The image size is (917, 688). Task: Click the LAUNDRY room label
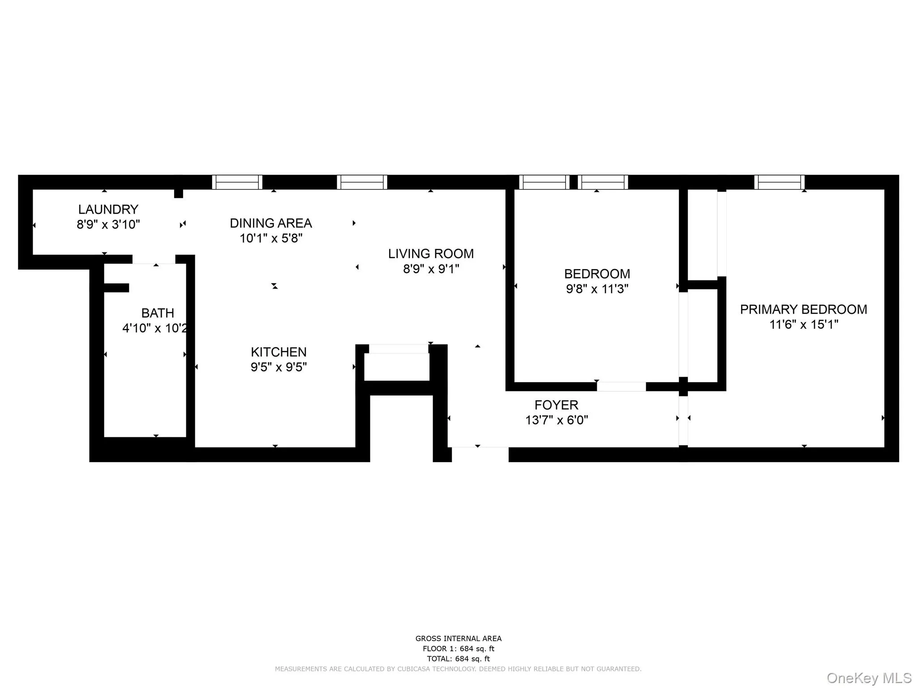tap(108, 209)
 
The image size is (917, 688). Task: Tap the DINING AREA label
tap(270, 223)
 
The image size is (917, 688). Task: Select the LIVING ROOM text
tap(431, 254)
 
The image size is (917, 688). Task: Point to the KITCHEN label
tap(279, 352)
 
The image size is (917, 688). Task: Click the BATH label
tap(158, 313)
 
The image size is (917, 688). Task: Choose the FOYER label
tap(556, 405)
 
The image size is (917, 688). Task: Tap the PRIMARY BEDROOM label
tap(803, 310)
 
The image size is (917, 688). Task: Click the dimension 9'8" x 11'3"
tap(597, 289)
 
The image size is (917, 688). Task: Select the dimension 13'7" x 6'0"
tap(556, 420)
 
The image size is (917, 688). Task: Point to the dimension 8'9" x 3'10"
tap(108, 224)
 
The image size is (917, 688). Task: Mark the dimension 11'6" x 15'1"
tap(803, 324)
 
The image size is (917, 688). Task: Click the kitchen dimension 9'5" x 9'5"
tap(279, 367)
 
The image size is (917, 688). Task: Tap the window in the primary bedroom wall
tap(779, 182)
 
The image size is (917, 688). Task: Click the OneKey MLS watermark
tap(869, 678)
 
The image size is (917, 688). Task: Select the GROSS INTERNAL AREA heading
tap(458, 639)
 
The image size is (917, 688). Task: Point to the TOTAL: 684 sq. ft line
tap(458, 659)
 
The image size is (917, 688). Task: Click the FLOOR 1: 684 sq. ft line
tap(458, 649)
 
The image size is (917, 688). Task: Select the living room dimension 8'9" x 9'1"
tap(431, 269)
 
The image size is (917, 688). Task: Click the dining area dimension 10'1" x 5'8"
tap(270, 238)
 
